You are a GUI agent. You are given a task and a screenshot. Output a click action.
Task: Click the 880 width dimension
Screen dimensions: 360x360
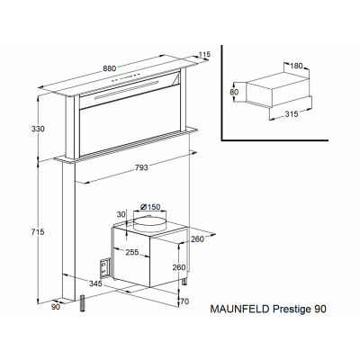pyautogui.click(x=110, y=68)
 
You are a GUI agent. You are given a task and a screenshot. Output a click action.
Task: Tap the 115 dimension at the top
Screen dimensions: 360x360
pyautogui.click(x=204, y=55)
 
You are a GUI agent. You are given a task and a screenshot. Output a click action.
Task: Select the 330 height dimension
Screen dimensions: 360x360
pyautogui.click(x=38, y=129)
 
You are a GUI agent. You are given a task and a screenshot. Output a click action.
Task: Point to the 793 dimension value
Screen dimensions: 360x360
pyautogui.click(x=141, y=167)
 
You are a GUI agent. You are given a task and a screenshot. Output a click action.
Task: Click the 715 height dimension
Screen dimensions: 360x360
pyautogui.click(x=38, y=232)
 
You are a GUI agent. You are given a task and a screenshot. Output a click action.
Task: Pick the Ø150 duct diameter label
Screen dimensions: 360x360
pyautogui.click(x=150, y=207)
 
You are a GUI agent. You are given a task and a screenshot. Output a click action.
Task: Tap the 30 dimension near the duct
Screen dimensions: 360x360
pyautogui.click(x=121, y=215)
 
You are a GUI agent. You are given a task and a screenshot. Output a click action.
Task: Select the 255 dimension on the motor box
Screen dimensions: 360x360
pyautogui.click(x=132, y=252)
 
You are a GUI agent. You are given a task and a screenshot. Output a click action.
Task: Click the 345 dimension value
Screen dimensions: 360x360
pyautogui.click(x=95, y=283)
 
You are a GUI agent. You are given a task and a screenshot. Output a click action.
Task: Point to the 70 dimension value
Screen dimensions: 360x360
pyautogui.click(x=185, y=301)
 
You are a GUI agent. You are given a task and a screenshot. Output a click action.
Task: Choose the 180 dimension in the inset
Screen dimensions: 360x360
pyautogui.click(x=297, y=66)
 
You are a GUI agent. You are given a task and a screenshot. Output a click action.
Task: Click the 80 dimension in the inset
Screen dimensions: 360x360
pyautogui.click(x=234, y=92)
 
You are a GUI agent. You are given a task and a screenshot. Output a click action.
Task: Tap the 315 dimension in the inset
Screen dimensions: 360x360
pyautogui.click(x=292, y=114)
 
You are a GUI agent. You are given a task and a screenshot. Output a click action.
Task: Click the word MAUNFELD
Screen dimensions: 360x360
pyautogui.click(x=240, y=309)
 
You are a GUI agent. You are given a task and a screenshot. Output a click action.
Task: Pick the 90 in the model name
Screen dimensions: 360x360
pyautogui.click(x=320, y=309)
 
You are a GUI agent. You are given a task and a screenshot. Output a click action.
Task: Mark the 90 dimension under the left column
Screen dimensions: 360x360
pyautogui.click(x=56, y=307)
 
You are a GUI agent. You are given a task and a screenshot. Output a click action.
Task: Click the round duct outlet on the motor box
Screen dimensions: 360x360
pyautogui.click(x=149, y=224)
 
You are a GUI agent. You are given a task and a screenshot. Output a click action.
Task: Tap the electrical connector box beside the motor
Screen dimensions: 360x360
pyautogui.click(x=104, y=267)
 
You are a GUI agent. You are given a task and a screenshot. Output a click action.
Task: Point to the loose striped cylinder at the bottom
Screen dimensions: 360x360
pyautogui.click(x=83, y=304)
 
